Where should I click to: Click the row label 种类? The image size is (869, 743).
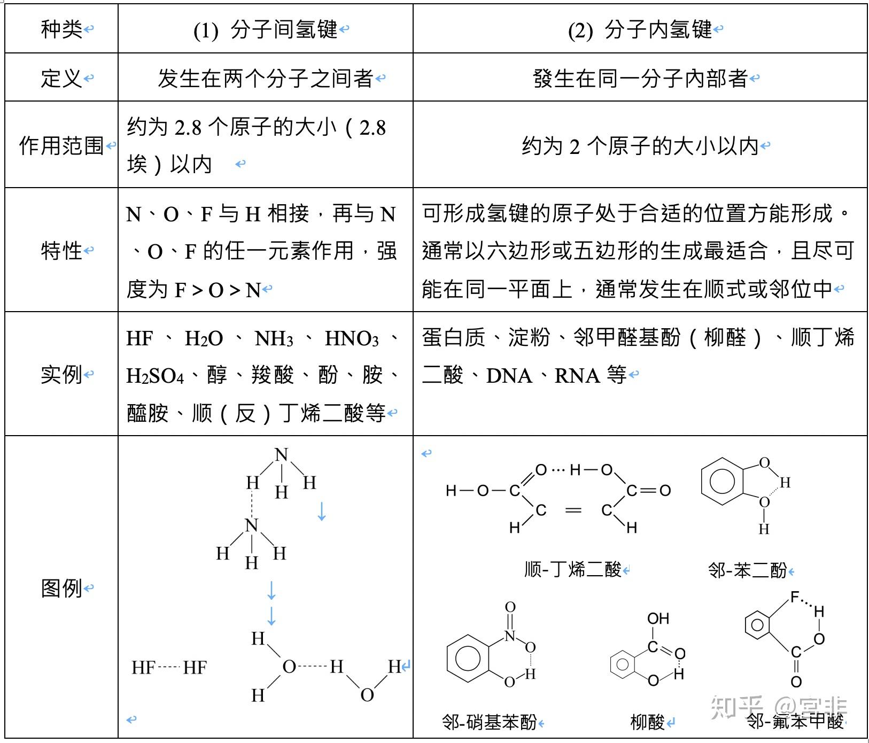point(61,29)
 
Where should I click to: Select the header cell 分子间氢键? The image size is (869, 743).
point(284,30)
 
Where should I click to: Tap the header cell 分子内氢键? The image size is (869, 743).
point(658,30)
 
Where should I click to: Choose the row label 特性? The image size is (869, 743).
point(61,250)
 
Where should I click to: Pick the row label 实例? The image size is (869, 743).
point(61,374)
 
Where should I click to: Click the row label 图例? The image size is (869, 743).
point(61,588)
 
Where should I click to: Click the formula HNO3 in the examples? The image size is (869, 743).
point(352,339)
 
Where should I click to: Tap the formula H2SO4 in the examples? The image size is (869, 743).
point(155,376)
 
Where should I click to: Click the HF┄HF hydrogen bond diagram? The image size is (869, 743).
point(169,668)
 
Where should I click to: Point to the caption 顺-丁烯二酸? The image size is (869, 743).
point(573,569)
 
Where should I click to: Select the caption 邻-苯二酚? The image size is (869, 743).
point(748,570)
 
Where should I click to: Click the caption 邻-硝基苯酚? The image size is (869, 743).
point(490,722)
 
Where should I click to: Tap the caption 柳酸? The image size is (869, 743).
point(648,722)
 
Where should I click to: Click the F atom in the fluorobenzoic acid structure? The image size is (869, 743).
point(795,598)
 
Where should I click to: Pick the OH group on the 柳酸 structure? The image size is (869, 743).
point(658,618)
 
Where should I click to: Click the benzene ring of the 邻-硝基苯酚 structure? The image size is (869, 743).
point(468,658)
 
